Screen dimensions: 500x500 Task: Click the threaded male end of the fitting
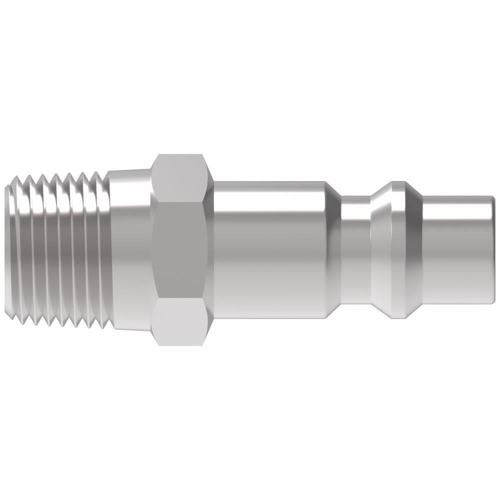(x=57, y=250)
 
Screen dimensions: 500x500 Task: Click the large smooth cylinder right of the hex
(x=270, y=250)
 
